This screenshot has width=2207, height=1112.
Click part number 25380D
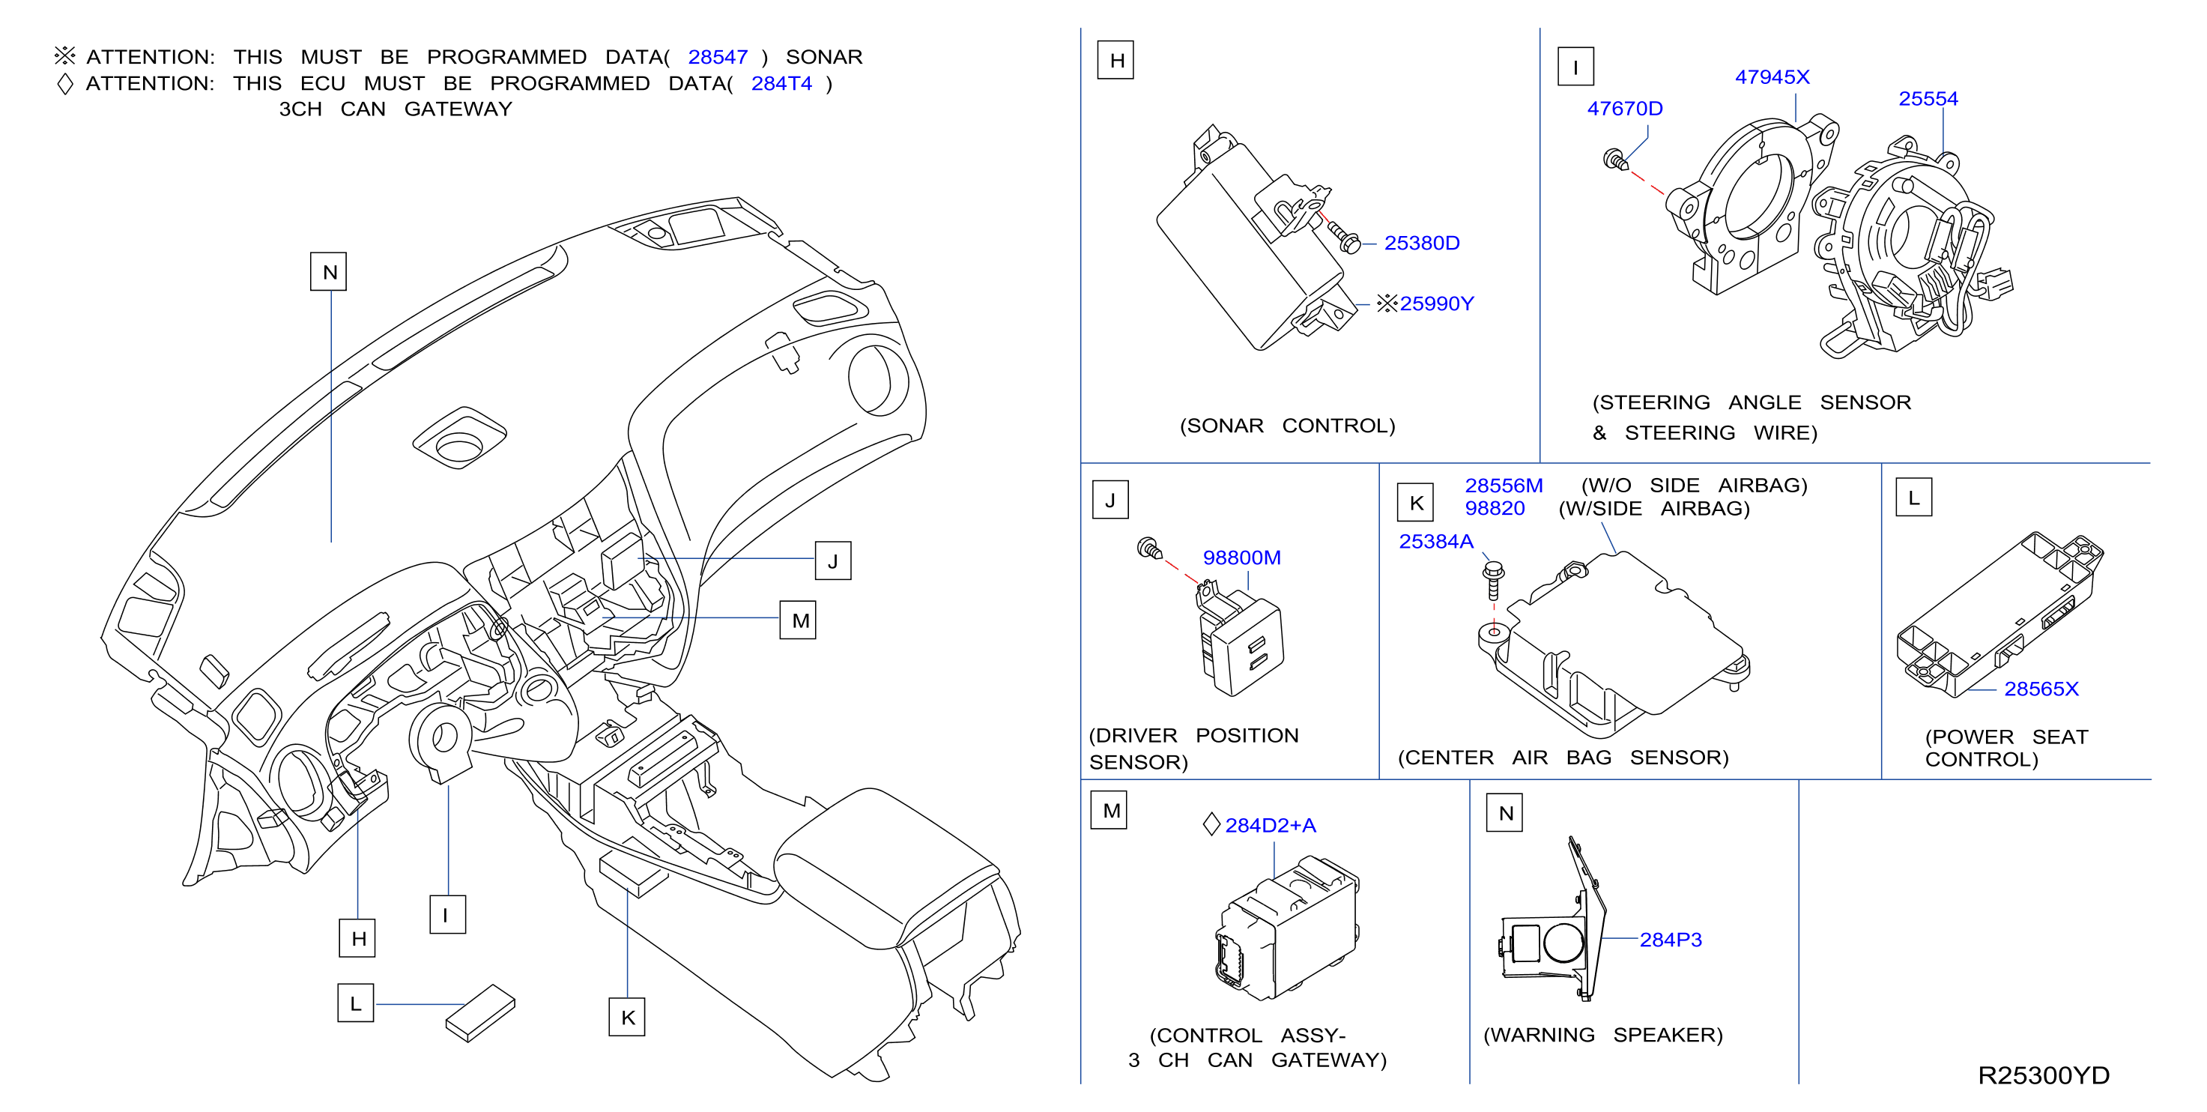1421,244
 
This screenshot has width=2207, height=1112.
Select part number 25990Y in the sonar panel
1436,303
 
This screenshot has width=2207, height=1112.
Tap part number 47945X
1772,77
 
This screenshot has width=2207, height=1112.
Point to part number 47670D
1624,109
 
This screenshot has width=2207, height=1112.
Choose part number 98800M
1241,557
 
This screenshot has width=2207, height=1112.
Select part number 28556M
1504,486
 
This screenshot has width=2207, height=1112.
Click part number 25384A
1436,542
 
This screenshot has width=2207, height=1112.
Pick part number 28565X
2041,689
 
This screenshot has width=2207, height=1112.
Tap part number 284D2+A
1270,825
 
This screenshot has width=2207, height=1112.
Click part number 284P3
1670,940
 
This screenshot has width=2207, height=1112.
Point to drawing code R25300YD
2044,1075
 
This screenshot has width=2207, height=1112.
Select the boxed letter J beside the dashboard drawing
833,561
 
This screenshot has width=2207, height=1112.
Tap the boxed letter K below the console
627,1017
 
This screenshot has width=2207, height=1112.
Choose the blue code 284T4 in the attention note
781,83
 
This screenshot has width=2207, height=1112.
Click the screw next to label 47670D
1615,160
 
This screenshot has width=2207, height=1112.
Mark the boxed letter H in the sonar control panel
1116,60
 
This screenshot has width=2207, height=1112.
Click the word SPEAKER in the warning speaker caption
1668,1035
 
